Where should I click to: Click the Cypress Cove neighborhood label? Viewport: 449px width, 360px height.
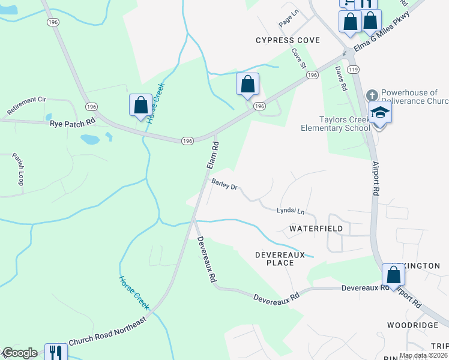tap(288, 40)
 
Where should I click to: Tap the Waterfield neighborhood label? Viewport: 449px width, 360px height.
tap(316, 229)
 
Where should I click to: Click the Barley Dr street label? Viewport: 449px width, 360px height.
tap(224, 184)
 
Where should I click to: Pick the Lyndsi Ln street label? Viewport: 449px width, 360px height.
tap(291, 211)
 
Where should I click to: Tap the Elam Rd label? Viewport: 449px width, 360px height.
tap(211, 155)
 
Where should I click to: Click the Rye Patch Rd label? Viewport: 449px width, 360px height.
tap(73, 122)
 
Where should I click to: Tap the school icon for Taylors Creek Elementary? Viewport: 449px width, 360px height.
tap(379, 113)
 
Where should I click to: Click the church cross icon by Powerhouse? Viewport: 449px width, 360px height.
tap(372, 95)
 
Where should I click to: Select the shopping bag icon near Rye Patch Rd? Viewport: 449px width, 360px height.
tap(140, 106)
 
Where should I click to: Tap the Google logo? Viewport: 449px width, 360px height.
tap(20, 353)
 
